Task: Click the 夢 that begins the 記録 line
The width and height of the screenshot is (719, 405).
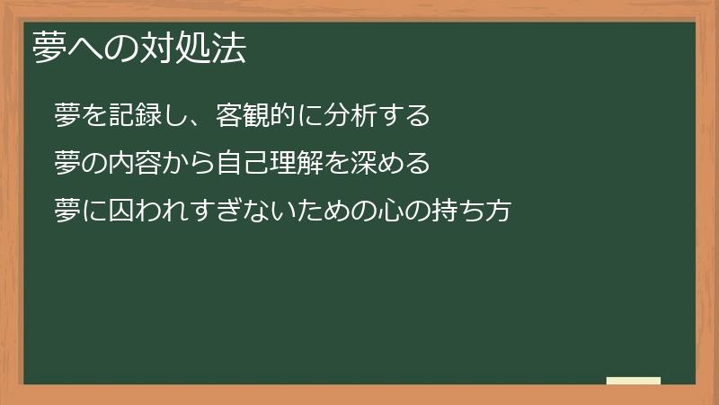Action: point(67,116)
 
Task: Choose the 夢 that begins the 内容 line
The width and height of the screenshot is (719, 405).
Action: point(67,164)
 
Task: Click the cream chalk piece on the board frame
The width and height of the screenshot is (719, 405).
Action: point(634,381)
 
